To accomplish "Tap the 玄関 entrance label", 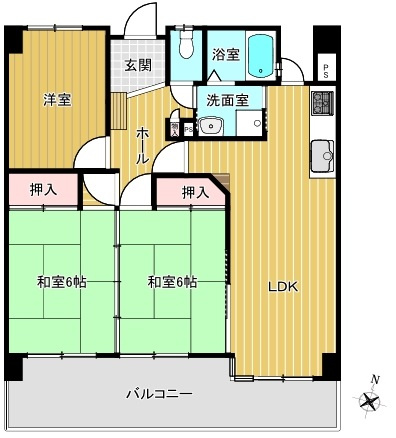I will (x=138, y=65).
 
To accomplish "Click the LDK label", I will (x=282, y=287).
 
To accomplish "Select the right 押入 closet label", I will (x=194, y=192).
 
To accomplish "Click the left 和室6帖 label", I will (x=62, y=282).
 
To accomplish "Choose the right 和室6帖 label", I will (x=173, y=282).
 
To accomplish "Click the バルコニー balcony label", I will (x=158, y=393).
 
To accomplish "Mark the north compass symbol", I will (x=371, y=400).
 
